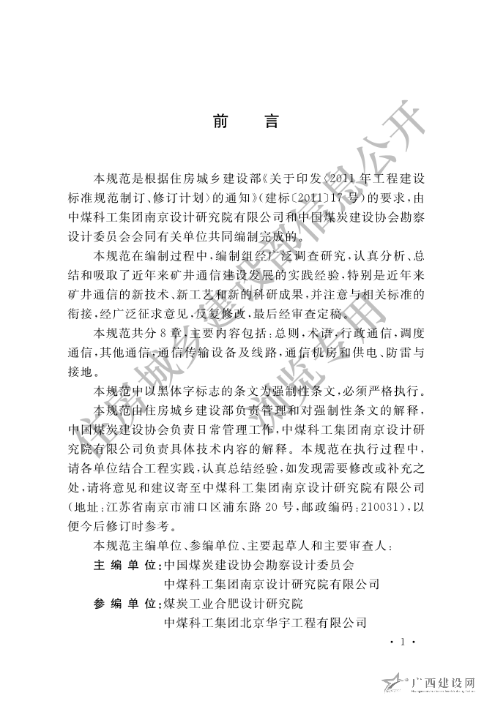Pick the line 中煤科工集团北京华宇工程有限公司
pos(266,622)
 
